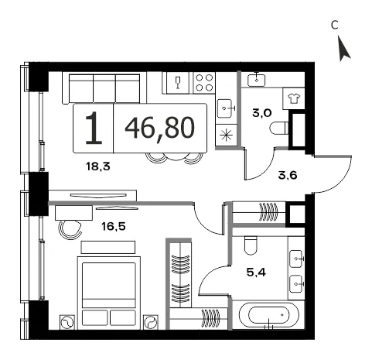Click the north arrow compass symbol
coord(343,50)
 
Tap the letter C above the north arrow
coord(335,26)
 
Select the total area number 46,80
coord(159,128)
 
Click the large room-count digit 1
coord(94,128)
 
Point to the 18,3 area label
coord(98,166)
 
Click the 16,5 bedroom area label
coord(114,227)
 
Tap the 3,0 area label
coord(262,113)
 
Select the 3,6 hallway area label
coord(288,176)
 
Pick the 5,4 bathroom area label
coord(256,272)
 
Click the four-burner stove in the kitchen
coord(204,83)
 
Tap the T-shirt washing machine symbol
coord(294,98)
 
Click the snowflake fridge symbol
coord(226,135)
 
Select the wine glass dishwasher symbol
coord(177,83)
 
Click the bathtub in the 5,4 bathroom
coord(269,314)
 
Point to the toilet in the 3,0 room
coord(279,128)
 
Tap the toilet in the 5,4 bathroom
coord(251,245)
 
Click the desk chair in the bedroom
coord(70,230)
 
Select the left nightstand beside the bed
coord(67,322)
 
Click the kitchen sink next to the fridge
coord(226,108)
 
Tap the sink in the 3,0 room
coord(256,80)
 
